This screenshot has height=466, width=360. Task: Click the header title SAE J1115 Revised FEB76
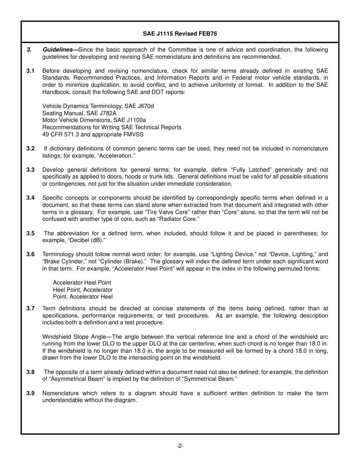coord(180,33)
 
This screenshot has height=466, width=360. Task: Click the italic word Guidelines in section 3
coord(57,50)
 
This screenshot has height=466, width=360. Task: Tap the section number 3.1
coord(30,71)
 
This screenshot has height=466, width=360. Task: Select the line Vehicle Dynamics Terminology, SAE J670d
coord(98,106)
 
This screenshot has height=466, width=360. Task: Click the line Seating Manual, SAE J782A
coord(79,113)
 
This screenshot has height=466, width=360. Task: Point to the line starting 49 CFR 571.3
coord(93,134)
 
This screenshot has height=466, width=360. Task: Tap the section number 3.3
coord(30,170)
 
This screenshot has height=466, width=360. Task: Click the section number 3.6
coord(30,254)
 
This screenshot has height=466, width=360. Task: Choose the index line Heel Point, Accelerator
coord(83,290)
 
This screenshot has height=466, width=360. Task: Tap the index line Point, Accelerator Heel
coord(83,297)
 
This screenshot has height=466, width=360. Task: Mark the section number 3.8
coord(30,372)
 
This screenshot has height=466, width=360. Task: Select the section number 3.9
coord(30,393)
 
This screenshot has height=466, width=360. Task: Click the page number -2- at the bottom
coord(180,446)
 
